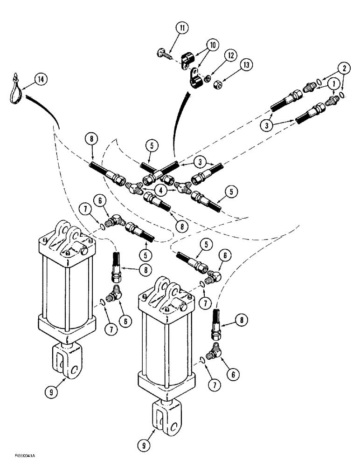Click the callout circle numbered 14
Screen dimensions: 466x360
[x=41, y=80]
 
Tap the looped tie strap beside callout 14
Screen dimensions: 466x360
[x=15, y=89]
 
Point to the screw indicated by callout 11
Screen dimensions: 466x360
[x=166, y=54]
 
